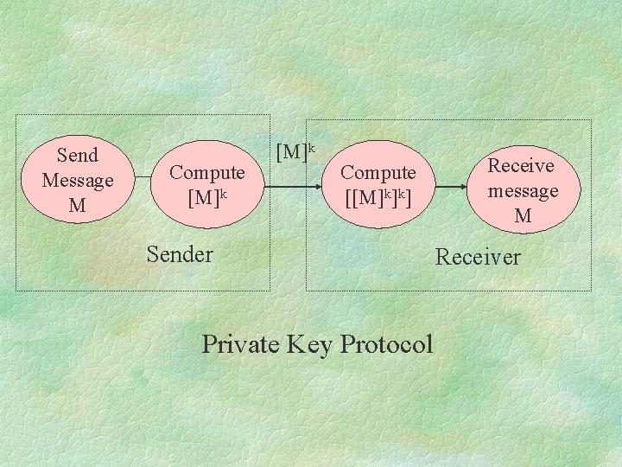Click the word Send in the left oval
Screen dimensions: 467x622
77,156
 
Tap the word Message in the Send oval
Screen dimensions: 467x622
77,181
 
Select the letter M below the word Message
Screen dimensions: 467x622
77,206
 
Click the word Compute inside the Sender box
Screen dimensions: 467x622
206,172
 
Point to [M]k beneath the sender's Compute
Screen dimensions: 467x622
207,197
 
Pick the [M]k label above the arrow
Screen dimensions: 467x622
295,151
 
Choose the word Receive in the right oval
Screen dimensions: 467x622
521,164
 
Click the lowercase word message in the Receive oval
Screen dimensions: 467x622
523,190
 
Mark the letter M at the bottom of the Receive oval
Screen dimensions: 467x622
523,216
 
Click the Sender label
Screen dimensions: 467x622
179,254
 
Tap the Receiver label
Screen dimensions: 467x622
478,257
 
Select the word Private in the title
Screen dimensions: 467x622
240,344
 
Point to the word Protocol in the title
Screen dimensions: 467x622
386,344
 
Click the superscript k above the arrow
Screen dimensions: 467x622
314,146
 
